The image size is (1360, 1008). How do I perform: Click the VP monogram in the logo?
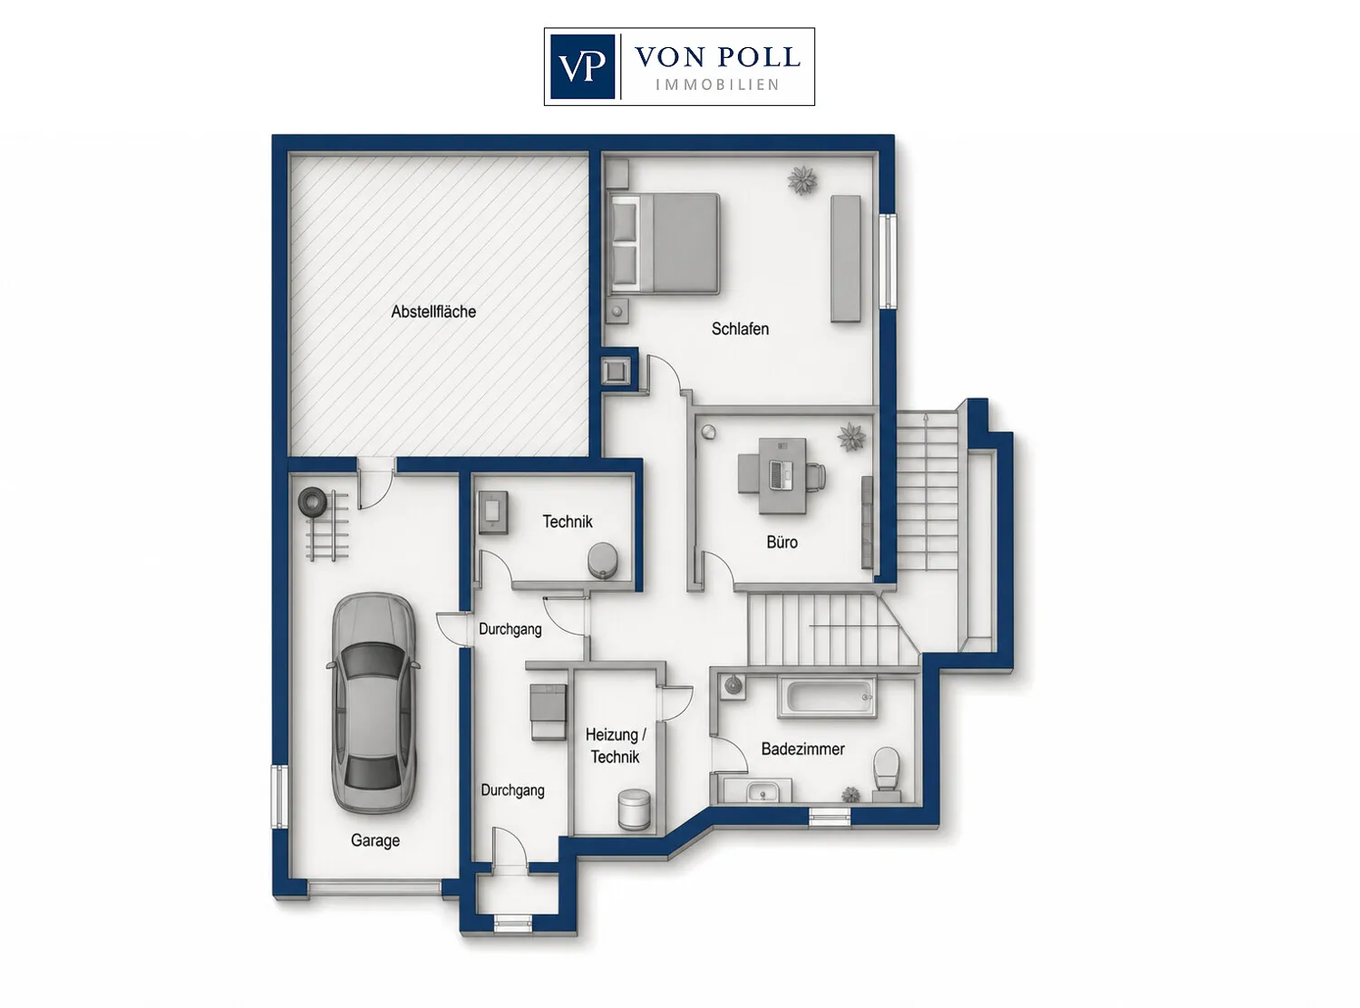coord(582,66)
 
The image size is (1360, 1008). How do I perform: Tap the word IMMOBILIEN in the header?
coord(717,84)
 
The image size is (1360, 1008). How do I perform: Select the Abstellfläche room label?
coord(433,312)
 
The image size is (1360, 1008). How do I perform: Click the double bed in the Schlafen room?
coord(664,244)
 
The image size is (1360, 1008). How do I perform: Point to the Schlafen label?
coord(740,329)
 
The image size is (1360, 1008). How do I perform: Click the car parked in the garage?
coord(374,702)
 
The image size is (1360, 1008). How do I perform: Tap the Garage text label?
coord(374,840)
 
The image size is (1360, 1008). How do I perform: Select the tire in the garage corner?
coord(312,501)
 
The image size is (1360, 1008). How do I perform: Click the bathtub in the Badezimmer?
coord(827,697)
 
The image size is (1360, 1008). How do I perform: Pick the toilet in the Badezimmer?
coord(887,773)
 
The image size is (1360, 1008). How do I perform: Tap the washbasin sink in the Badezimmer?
coord(763,791)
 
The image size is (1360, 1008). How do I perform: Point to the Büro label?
coord(782,542)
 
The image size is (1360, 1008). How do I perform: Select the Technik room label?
coord(568,521)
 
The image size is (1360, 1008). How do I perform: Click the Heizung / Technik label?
coord(615,746)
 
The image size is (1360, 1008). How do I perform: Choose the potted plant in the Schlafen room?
coord(802,180)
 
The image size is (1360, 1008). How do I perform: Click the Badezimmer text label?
coord(802,749)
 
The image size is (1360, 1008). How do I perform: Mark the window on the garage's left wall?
coord(279,797)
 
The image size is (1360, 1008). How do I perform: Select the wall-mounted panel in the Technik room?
coord(492,511)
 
